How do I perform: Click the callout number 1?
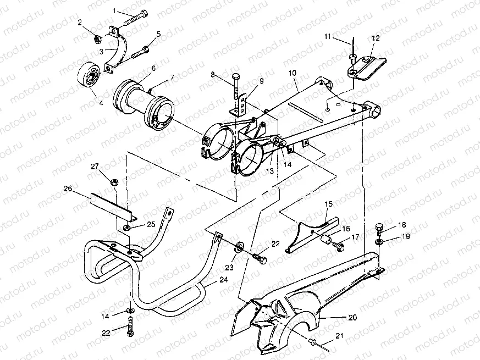115,10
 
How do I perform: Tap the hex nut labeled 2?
96,39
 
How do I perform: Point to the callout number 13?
269,171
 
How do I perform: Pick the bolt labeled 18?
377,226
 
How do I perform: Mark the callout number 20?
352,318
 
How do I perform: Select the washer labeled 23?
240,247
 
